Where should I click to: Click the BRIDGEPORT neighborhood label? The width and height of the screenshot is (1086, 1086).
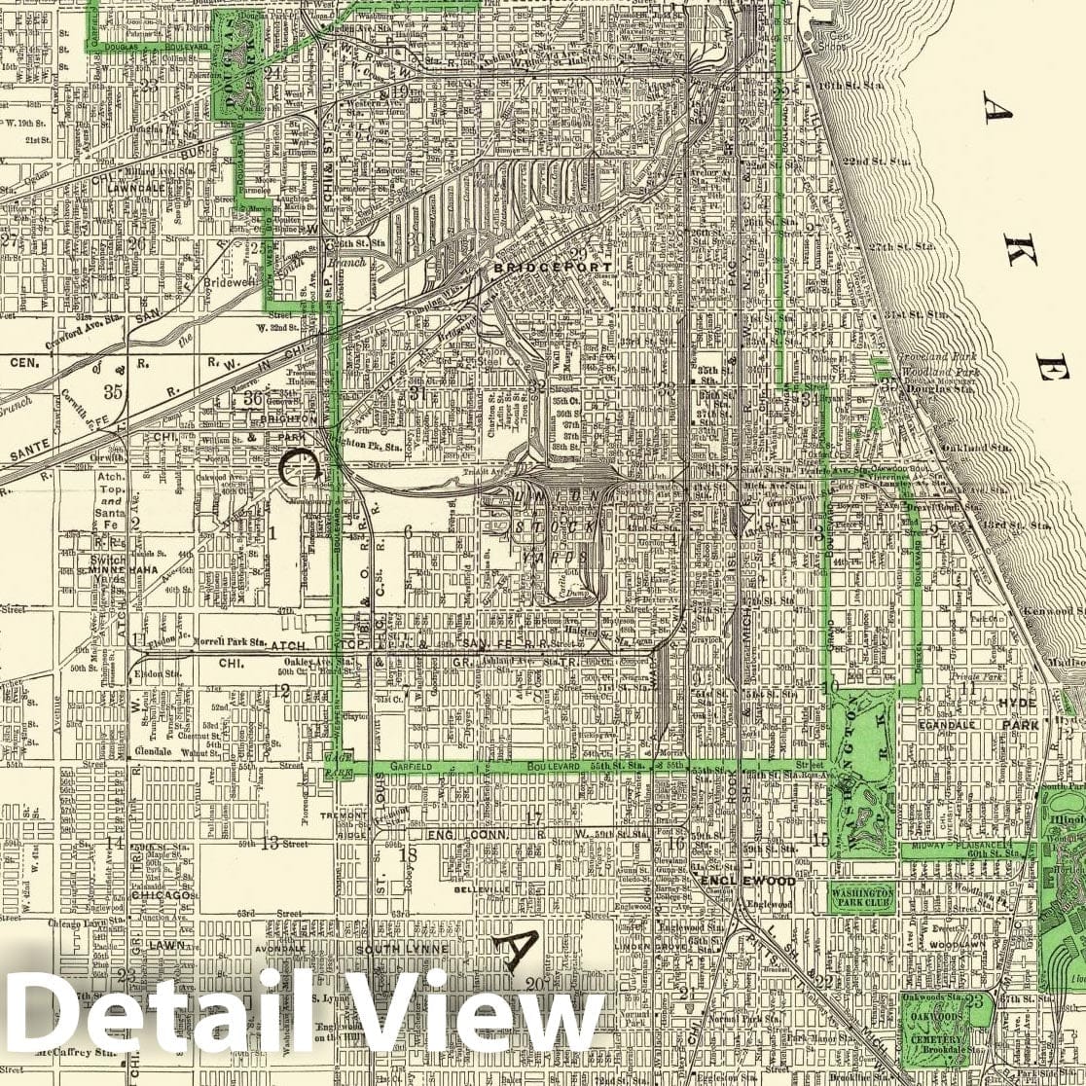pyautogui.click(x=553, y=267)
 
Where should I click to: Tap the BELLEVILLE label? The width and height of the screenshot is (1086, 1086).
pyautogui.click(x=484, y=888)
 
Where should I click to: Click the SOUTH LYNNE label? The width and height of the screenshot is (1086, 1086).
pyautogui.click(x=402, y=949)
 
